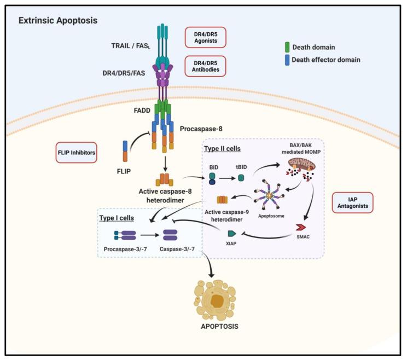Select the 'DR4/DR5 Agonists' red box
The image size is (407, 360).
pos(205,37)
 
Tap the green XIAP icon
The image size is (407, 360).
pos(232,234)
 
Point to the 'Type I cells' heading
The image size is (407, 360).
pos(118,218)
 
